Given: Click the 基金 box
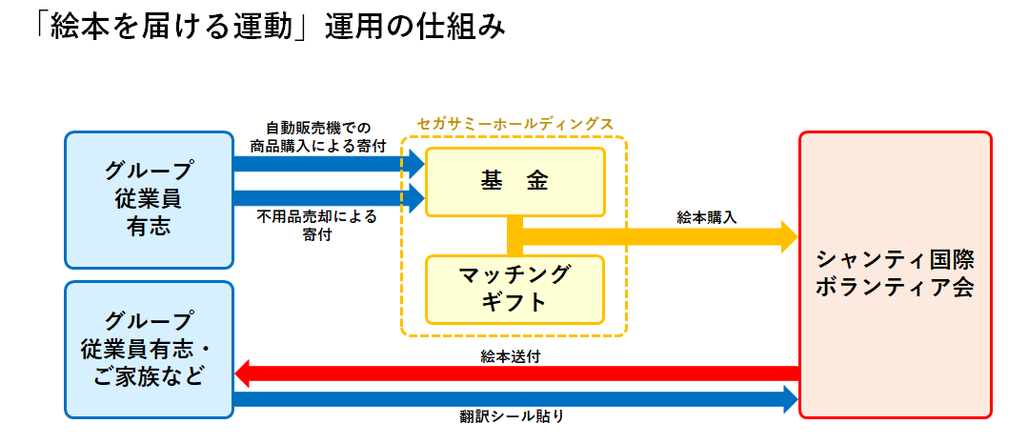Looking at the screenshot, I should pyautogui.click(x=514, y=181).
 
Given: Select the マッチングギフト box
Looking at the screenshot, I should pyautogui.click(x=514, y=289).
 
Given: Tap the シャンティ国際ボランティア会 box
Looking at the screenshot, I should pyautogui.click(x=895, y=274).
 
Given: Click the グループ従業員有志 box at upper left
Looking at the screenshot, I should pyautogui.click(x=149, y=200).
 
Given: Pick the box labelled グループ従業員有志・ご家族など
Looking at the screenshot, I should pyautogui.click(x=149, y=349).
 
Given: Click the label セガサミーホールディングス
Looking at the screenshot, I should pyautogui.click(x=514, y=125).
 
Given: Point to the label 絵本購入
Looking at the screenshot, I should pyautogui.click(x=706, y=217).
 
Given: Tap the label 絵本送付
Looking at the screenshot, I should pyautogui.click(x=512, y=357).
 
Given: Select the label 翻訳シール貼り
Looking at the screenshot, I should pyautogui.click(x=512, y=415).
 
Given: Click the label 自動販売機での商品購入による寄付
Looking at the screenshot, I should pyautogui.click(x=317, y=137).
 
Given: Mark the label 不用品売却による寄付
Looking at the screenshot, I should pyautogui.click(x=317, y=225).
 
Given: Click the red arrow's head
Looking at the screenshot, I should pyautogui.click(x=243, y=373).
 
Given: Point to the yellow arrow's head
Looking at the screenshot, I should pyautogui.click(x=789, y=236).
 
